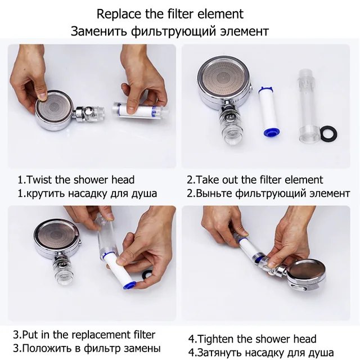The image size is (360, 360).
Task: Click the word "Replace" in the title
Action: [119, 14]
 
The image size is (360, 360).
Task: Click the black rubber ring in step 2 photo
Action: [328, 133]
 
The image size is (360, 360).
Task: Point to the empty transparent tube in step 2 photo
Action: [309, 106]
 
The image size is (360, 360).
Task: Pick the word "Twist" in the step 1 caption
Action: [39, 179]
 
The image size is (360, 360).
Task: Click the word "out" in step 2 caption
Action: [231, 180]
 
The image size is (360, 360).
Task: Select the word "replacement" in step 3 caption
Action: [104, 335]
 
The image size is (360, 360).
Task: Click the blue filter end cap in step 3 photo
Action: [129, 285]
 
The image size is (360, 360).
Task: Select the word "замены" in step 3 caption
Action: [142, 349]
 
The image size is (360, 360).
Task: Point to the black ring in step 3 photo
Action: [147, 274]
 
